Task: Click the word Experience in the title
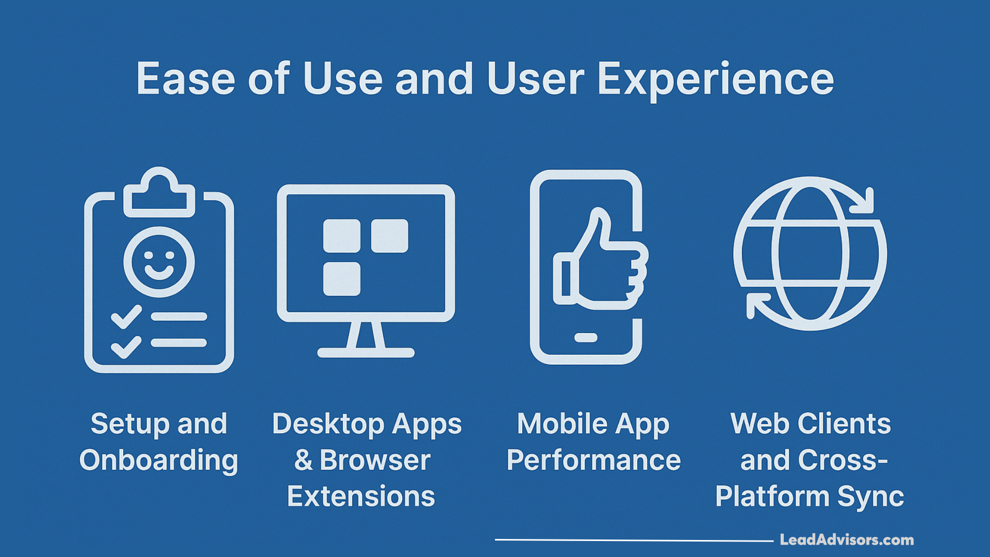point(715,80)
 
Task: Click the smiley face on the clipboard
point(159,262)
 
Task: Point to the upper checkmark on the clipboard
point(126,317)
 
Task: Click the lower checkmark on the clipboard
point(126,347)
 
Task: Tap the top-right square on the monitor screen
point(389,236)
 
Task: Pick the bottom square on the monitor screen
point(341,279)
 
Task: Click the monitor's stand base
point(366,353)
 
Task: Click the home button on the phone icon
point(586,338)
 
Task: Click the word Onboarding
point(159,460)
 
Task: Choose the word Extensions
point(361,496)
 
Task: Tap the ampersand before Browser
point(303,460)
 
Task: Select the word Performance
point(593,460)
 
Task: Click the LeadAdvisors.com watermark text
point(847,540)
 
